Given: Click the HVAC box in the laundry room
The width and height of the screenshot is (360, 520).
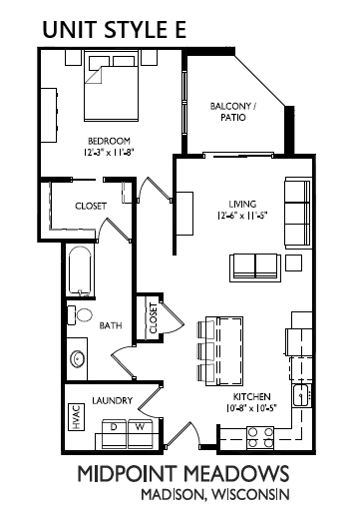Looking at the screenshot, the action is click(x=76, y=417).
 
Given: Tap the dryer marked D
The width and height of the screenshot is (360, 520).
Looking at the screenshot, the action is click(x=114, y=434).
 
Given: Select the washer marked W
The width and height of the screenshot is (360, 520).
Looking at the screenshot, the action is click(x=140, y=434).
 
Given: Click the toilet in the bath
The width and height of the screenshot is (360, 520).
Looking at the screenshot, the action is click(x=80, y=315).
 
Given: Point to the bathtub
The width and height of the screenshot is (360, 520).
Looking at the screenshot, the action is click(x=80, y=270).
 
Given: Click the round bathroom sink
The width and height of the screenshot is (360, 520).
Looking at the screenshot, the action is click(x=78, y=359).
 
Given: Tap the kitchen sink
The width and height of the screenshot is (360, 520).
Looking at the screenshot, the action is click(x=302, y=395).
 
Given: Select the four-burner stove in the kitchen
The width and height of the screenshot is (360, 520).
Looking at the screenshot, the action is click(x=260, y=437).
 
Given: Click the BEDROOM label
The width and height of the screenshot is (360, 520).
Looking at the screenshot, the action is click(x=109, y=141).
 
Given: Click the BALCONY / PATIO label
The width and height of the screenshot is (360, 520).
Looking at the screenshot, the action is click(x=233, y=112).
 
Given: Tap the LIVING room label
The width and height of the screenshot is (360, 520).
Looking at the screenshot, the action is click(x=242, y=204).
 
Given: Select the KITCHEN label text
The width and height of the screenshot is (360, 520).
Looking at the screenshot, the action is click(x=251, y=396).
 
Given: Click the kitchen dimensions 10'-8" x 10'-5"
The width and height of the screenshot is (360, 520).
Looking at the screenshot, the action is click(x=251, y=408).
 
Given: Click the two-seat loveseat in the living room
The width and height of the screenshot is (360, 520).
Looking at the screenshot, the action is click(x=255, y=267).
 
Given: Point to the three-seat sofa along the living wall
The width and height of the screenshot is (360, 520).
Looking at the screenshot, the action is click(x=298, y=213).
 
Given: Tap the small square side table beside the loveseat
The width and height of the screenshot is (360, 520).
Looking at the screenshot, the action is click(x=294, y=262).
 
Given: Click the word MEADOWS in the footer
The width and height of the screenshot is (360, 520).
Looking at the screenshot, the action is click(x=236, y=474).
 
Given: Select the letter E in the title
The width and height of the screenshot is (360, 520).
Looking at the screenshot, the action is click(x=180, y=29).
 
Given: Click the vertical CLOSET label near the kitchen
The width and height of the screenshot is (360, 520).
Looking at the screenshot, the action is click(x=153, y=318).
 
